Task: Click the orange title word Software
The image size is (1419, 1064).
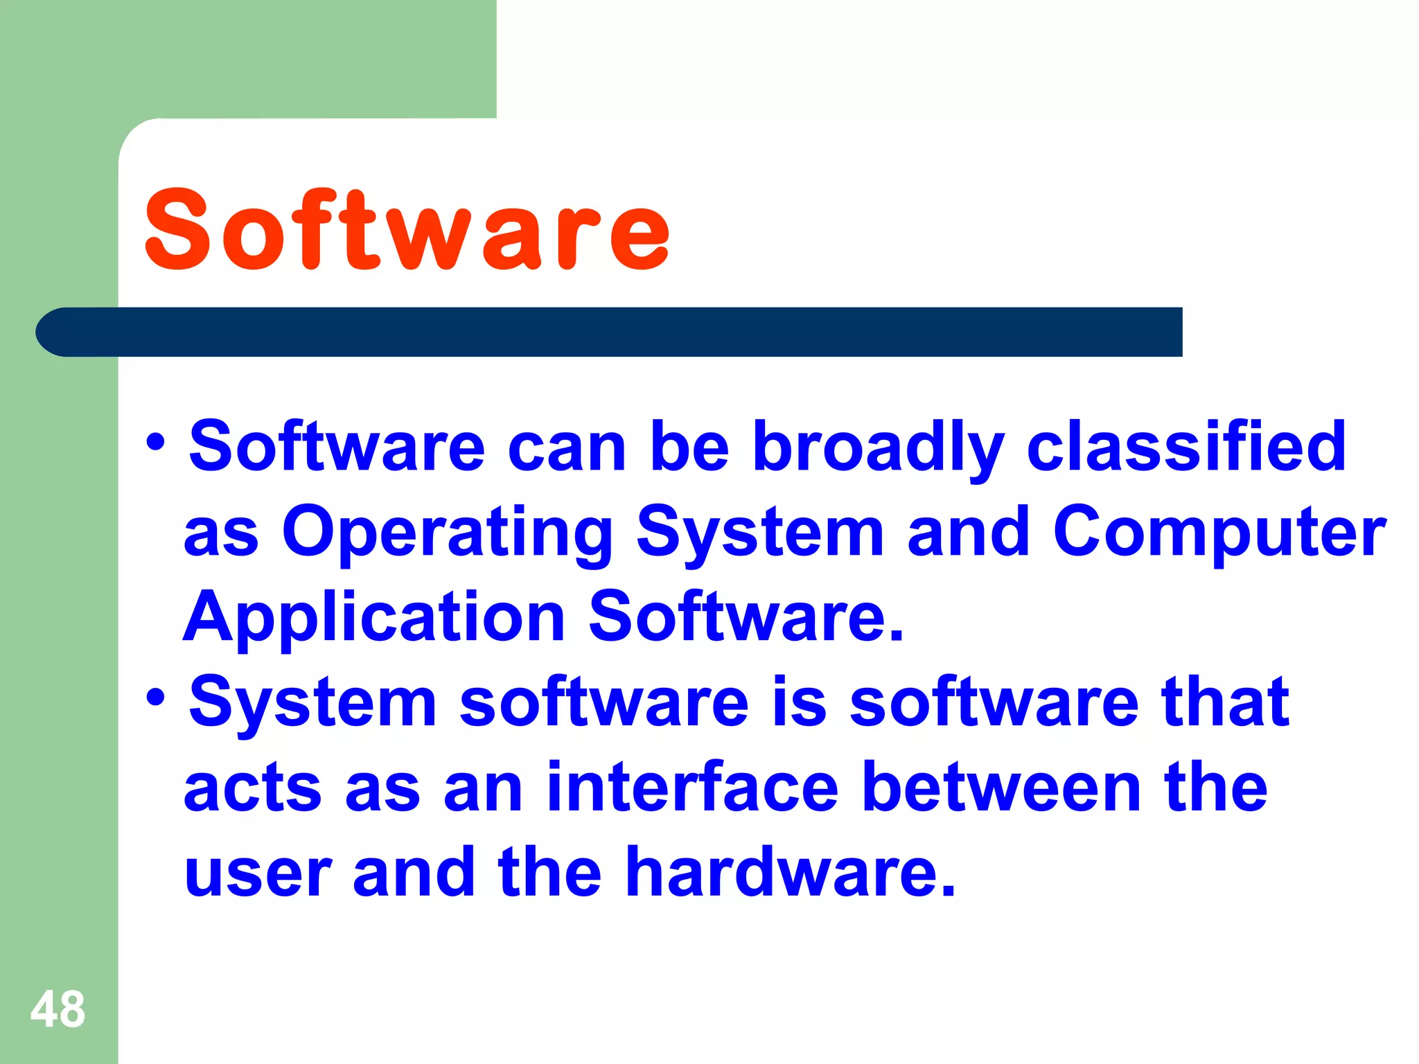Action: pyautogui.click(x=407, y=230)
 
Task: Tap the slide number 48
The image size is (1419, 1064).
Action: pyautogui.click(x=58, y=1009)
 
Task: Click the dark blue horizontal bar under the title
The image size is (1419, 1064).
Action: pyautogui.click(x=610, y=332)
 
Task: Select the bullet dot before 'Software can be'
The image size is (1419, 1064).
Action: pyautogui.click(x=156, y=441)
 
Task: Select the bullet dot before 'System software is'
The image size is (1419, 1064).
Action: pyautogui.click(x=156, y=697)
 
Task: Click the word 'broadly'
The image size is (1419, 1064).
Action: pyautogui.click(x=878, y=449)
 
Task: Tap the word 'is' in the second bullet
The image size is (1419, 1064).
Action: pyautogui.click(x=799, y=702)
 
